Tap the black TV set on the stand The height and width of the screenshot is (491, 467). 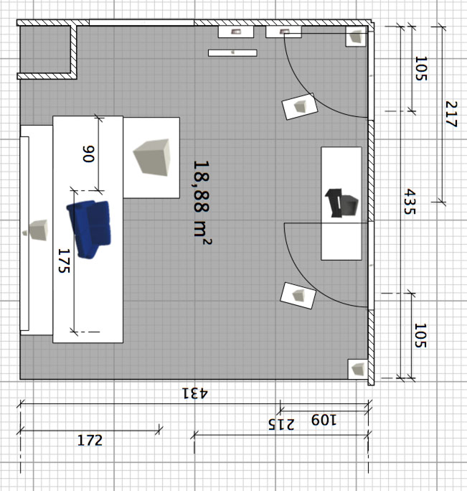click(341, 202)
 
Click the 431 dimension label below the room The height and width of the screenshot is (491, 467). click(194, 393)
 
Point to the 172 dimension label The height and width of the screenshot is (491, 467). click(90, 440)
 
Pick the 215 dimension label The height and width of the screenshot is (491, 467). click(281, 424)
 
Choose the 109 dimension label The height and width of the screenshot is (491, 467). click(324, 420)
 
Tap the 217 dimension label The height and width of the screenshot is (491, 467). click(451, 114)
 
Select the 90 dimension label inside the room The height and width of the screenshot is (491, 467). click(88, 154)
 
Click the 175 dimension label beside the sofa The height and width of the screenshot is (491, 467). click(64, 261)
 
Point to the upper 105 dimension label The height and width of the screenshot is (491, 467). click(421, 69)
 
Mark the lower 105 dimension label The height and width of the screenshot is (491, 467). click(420, 335)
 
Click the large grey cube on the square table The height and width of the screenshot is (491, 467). click(152, 157)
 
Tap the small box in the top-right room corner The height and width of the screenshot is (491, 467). click(355, 37)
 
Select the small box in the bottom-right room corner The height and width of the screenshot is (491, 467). click(358, 369)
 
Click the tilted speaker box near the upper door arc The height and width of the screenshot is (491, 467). click(300, 106)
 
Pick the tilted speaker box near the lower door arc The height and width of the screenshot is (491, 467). click(298, 296)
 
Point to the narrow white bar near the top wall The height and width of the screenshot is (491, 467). click(232, 52)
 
